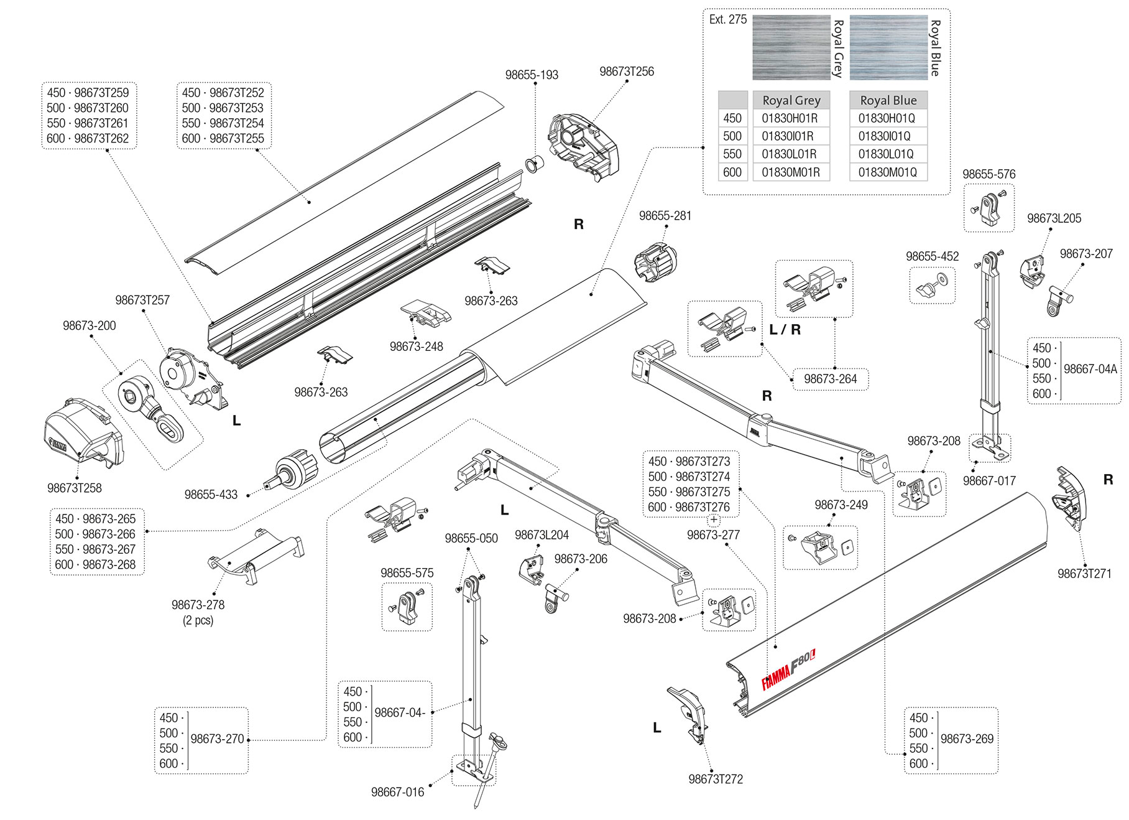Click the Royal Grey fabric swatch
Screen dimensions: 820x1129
click(x=791, y=47)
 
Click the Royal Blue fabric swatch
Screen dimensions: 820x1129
click(x=888, y=47)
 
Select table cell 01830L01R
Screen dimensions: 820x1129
click(x=789, y=154)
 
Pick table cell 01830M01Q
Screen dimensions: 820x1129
click(x=887, y=172)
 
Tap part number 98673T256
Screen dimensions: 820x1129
click(x=626, y=72)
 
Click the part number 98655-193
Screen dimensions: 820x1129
click(x=532, y=75)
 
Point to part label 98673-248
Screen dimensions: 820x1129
click(x=416, y=347)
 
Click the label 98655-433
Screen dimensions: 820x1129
click(x=211, y=495)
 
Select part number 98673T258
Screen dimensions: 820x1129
click(x=75, y=488)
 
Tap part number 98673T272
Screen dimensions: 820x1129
click(x=716, y=779)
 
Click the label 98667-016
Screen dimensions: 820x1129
click(x=397, y=792)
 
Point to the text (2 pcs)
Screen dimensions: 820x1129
click(x=198, y=620)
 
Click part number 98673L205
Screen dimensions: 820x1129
click(x=1054, y=218)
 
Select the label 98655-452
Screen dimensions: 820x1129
click(x=932, y=256)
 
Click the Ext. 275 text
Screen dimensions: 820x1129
click(x=727, y=19)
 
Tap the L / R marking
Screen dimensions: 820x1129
click(x=785, y=330)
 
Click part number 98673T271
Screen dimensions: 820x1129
click(x=1084, y=574)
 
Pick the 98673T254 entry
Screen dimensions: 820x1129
click(x=223, y=123)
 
